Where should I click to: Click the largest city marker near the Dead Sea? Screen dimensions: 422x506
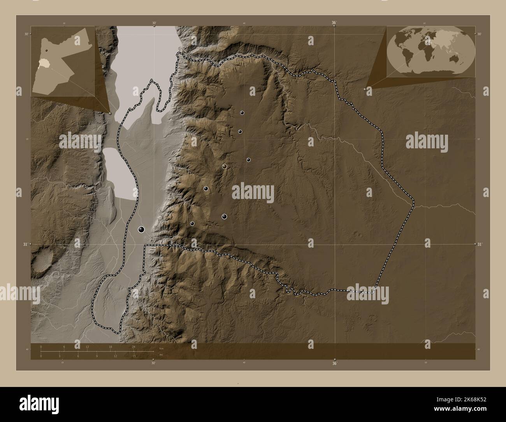(x=141, y=230)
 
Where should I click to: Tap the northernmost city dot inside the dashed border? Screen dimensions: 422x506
(x=242, y=113)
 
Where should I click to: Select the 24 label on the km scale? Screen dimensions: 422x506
(x=134, y=346)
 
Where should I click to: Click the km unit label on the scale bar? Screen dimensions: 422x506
(x=161, y=348)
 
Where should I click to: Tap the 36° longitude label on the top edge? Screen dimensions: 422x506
(x=334, y=23)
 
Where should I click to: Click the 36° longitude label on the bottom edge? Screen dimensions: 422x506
(x=334, y=364)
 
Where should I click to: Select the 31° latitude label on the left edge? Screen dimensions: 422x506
(x=25, y=244)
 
